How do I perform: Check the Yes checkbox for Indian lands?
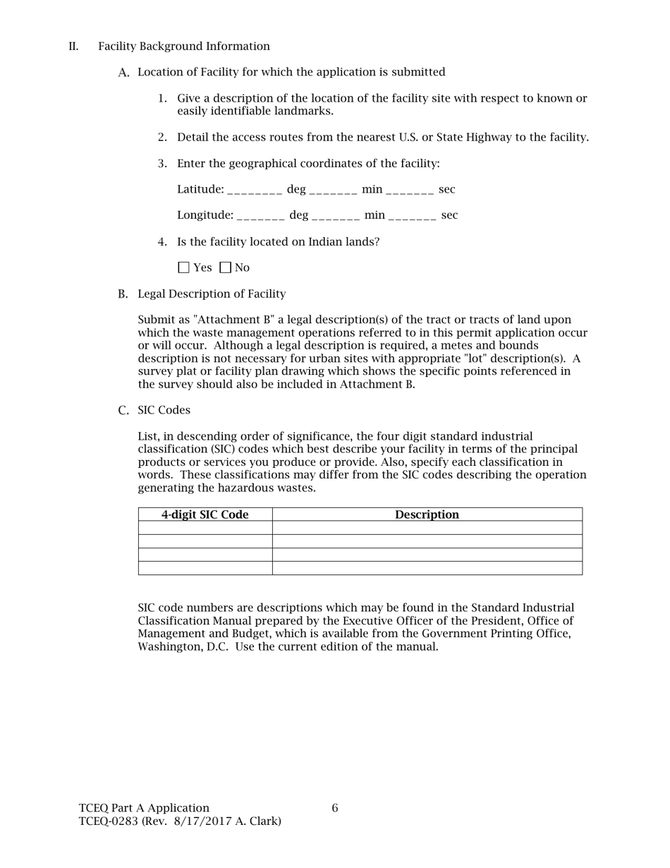click(x=184, y=267)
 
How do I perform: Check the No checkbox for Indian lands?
click(x=226, y=267)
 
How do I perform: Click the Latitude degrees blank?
click(x=255, y=191)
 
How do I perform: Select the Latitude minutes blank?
click(x=333, y=191)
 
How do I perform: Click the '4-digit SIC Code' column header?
click(x=205, y=514)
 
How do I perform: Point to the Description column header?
click(x=427, y=514)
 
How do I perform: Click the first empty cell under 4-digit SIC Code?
click(x=205, y=528)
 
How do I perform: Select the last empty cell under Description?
click(x=427, y=568)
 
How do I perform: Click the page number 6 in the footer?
click(x=335, y=808)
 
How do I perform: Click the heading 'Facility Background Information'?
click(x=184, y=47)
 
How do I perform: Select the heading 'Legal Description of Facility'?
click(x=212, y=294)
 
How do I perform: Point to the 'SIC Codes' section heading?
click(x=164, y=410)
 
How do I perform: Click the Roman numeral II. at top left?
click(x=73, y=47)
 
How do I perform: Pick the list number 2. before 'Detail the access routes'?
click(x=162, y=138)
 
